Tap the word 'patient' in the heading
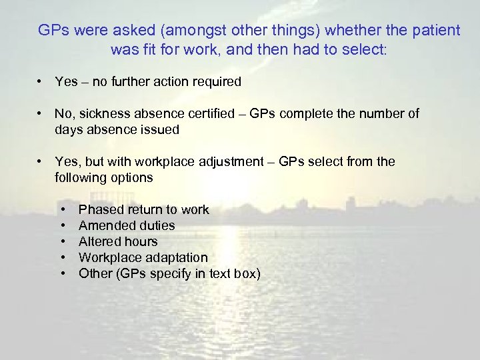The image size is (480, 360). (x=436, y=31)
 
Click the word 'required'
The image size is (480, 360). (x=214, y=82)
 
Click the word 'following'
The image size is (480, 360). (x=81, y=178)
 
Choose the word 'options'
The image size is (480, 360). (x=133, y=178)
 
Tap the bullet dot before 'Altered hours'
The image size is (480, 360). (x=63, y=242)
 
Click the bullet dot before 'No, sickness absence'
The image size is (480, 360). (x=41, y=114)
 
